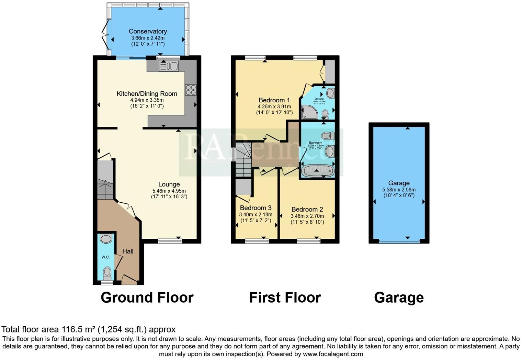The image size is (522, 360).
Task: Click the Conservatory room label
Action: pyautogui.click(x=148, y=31)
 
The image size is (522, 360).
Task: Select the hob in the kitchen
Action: pyautogui.click(x=191, y=90)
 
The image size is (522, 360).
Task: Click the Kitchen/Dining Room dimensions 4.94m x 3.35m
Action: pyautogui.click(x=147, y=100)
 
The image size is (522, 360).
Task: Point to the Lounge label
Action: pyautogui.click(x=169, y=184)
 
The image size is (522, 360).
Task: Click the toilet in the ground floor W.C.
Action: pyautogui.click(x=107, y=273)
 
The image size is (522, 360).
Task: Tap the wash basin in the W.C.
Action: pyautogui.click(x=106, y=238)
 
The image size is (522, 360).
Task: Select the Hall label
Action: pyautogui.click(x=128, y=251)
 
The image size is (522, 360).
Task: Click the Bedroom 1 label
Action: pyautogui.click(x=274, y=100)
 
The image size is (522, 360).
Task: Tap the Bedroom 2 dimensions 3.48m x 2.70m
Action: pyautogui.click(x=307, y=216)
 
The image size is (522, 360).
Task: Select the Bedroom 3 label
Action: pyautogui.click(x=256, y=208)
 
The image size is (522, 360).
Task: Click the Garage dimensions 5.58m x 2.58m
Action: pyautogui.click(x=399, y=190)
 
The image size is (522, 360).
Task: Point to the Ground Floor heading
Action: pyautogui.click(x=147, y=297)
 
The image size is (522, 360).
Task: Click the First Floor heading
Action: pyautogui.click(x=285, y=297)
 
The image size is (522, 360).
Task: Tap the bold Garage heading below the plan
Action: pyautogui.click(x=399, y=297)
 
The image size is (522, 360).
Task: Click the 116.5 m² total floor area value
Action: pyautogui.click(x=78, y=329)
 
